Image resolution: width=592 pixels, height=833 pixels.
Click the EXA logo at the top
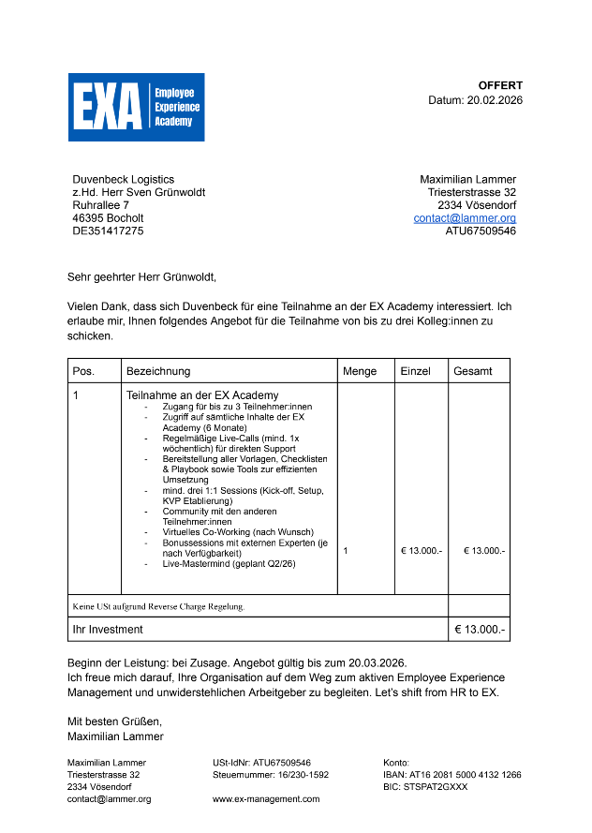(x=136, y=107)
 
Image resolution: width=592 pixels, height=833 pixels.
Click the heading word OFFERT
(x=500, y=85)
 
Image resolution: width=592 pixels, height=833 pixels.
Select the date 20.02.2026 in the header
(x=495, y=100)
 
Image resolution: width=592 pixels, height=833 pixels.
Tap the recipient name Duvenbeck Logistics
(x=123, y=180)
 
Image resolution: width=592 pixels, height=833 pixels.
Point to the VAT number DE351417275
(x=108, y=231)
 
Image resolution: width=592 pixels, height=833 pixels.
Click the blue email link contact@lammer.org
(x=465, y=218)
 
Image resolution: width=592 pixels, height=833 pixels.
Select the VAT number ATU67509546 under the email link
(x=481, y=231)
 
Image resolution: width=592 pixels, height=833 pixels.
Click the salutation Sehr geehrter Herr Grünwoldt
(x=141, y=277)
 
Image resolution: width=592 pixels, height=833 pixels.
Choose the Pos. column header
(x=83, y=371)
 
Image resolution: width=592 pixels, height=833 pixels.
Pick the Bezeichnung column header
(x=158, y=371)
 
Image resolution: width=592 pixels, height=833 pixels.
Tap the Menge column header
(x=360, y=371)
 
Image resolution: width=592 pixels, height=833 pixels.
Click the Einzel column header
(x=416, y=371)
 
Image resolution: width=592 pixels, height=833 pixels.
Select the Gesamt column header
(x=473, y=371)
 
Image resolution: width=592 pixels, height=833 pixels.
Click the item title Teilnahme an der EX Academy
(x=202, y=395)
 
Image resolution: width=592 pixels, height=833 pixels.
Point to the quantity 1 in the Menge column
(x=346, y=551)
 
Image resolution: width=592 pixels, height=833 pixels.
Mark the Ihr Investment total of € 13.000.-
(x=480, y=630)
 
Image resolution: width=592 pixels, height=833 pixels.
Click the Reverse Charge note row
(x=158, y=606)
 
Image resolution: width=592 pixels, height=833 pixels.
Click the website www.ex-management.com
(x=266, y=799)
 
